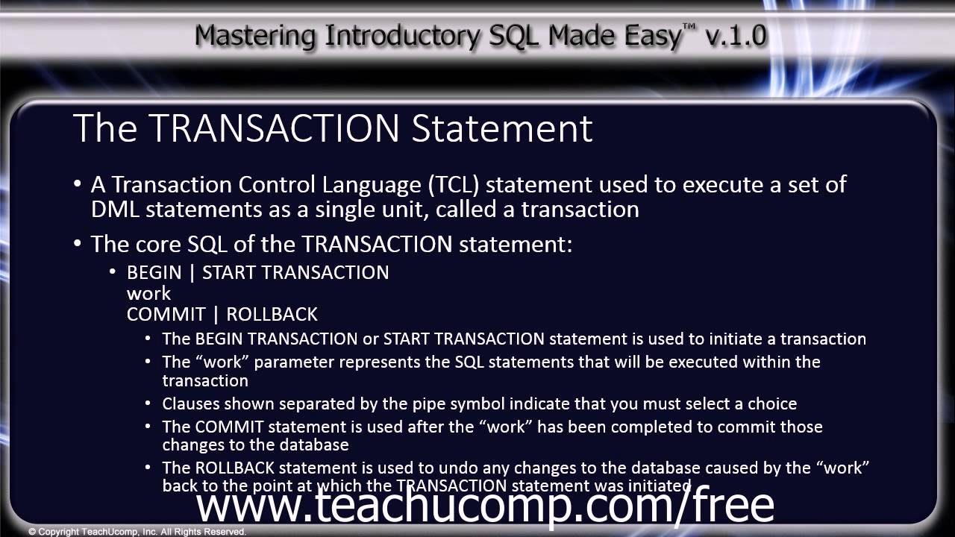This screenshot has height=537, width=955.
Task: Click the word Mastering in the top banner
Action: point(247,35)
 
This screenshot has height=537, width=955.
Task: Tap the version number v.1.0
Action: point(733,35)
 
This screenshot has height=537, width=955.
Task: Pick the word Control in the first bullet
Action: point(275,184)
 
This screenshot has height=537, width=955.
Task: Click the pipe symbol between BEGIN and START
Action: point(192,273)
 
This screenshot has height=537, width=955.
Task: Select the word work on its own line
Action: point(148,294)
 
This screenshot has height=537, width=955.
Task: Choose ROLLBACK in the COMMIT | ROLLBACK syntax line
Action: point(272,314)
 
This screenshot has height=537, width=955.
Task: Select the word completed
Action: point(634,427)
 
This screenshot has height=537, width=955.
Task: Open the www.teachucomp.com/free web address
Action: point(485,505)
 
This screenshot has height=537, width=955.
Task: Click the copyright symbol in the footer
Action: point(32,532)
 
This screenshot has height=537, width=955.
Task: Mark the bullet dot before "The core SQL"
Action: point(78,245)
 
